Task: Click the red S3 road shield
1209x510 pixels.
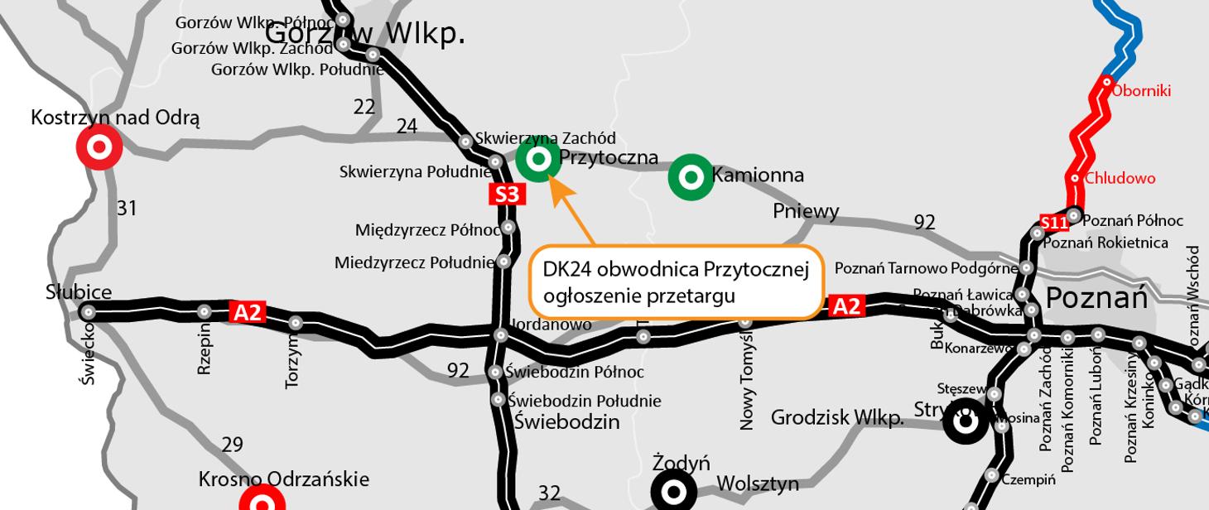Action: tap(507, 195)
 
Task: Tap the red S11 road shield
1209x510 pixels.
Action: tap(1054, 223)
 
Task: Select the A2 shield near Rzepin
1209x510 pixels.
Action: tap(248, 312)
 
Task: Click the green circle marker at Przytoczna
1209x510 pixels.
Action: tap(538, 158)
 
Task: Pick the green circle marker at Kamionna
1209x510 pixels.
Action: tap(691, 176)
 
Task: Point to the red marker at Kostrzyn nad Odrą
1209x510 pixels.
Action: tap(99, 148)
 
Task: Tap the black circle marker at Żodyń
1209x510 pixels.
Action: tap(674, 493)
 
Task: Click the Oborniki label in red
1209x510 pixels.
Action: tap(1141, 91)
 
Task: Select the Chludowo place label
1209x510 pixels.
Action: tap(1120, 178)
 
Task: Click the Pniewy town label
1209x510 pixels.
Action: tap(806, 211)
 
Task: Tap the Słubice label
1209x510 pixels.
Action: tap(79, 292)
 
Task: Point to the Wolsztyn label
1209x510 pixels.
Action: tap(757, 484)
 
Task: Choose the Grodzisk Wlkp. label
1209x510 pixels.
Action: tap(836, 418)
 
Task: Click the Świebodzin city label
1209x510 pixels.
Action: tap(566, 421)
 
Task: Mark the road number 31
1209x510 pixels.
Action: tap(126, 209)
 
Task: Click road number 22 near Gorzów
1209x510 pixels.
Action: tap(364, 107)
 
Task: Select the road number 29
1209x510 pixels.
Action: tap(233, 445)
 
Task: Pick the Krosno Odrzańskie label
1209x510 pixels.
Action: tap(284, 479)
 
